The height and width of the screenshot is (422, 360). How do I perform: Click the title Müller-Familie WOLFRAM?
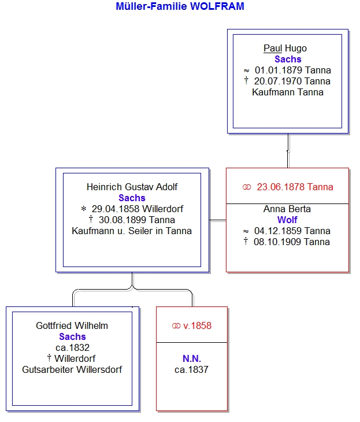pyautogui.click(x=180, y=7)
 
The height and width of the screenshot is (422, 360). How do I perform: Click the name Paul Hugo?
pyautogui.click(x=288, y=49)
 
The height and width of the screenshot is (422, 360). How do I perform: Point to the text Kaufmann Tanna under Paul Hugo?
pyautogui.click(x=288, y=92)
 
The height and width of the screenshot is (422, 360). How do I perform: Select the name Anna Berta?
pyautogui.click(x=287, y=209)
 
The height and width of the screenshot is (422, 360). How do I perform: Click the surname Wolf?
pyautogui.click(x=287, y=220)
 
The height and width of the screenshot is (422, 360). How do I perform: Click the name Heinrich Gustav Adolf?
pyautogui.click(x=132, y=187)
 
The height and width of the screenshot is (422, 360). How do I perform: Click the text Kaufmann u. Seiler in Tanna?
pyautogui.click(x=132, y=231)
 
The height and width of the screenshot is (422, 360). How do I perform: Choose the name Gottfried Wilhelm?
pyautogui.click(x=72, y=326)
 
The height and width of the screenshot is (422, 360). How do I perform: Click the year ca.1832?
pyautogui.click(x=72, y=348)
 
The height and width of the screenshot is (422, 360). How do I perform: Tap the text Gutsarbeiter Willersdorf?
pyautogui.click(x=72, y=370)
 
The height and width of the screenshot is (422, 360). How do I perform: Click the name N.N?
pyautogui.click(x=191, y=359)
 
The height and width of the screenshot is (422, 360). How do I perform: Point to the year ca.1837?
pyautogui.click(x=191, y=370)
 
